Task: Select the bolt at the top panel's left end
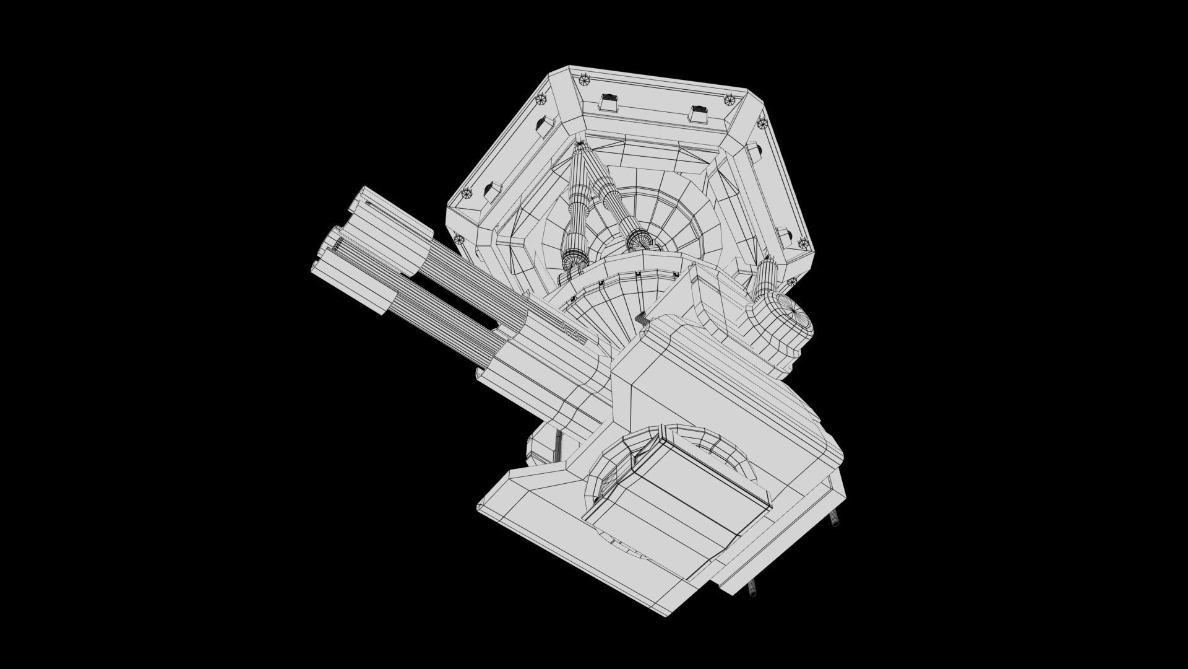tap(585, 79)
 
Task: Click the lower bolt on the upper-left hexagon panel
tap(465, 193)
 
